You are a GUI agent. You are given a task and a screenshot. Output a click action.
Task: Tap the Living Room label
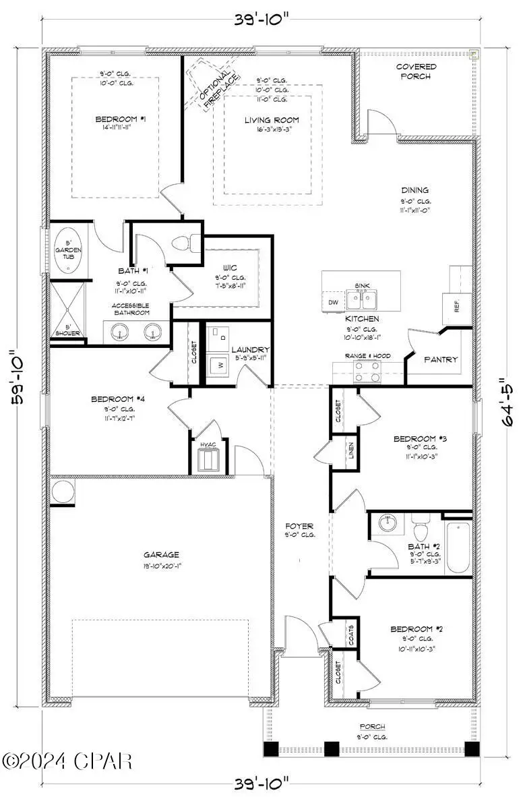(272, 121)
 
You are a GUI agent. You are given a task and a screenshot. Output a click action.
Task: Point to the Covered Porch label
(416, 71)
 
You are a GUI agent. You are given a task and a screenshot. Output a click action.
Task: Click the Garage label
(160, 555)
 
